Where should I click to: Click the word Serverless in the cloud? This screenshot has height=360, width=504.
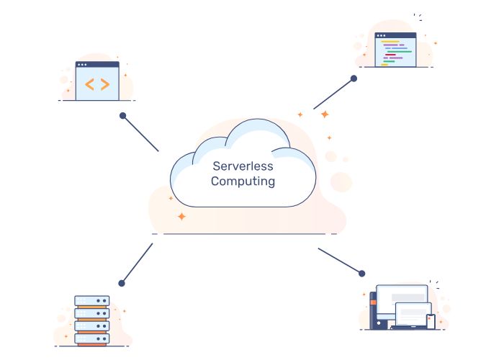(243, 166)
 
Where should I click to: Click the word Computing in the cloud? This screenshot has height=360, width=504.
(243, 181)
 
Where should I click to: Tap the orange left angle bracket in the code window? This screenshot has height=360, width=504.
(89, 84)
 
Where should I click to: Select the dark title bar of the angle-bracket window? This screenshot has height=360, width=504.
(97, 65)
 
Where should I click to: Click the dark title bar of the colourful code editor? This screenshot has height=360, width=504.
(397, 35)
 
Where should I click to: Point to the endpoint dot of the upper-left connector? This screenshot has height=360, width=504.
(123, 115)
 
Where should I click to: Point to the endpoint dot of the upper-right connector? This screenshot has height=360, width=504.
(354, 78)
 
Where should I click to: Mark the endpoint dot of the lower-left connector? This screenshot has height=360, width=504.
(122, 283)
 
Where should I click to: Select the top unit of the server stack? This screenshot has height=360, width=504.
(92, 300)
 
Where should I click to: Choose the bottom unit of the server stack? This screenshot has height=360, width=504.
(92, 337)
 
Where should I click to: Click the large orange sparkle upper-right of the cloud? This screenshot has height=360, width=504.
(325, 114)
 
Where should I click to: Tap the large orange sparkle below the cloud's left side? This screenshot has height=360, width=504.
(181, 215)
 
